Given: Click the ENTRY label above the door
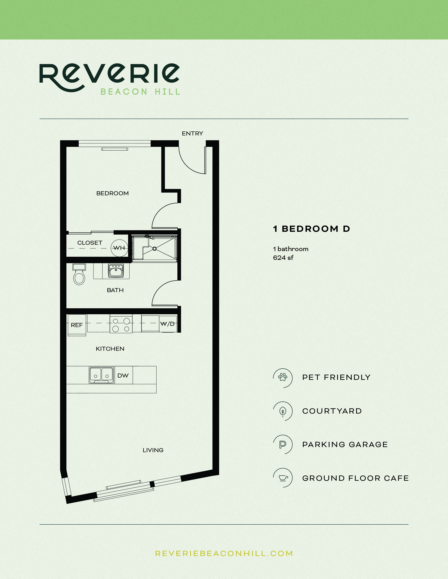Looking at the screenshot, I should [192, 133].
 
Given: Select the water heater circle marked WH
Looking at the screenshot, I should [119, 248].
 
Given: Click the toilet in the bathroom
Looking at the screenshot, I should [79, 275].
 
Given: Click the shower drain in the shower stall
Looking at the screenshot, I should [154, 249].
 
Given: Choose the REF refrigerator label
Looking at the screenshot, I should [77, 325].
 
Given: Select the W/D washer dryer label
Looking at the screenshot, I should [167, 324].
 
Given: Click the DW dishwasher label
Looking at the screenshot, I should [123, 375].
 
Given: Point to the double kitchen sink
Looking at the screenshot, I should [101, 375].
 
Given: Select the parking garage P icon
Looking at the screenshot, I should [283, 445].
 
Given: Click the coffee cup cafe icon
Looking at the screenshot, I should [283, 478].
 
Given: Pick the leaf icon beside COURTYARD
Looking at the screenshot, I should [283, 411].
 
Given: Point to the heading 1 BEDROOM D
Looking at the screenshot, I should [312, 229].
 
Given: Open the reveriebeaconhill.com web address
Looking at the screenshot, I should [224, 554].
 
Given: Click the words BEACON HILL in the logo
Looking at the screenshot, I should [140, 92].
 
